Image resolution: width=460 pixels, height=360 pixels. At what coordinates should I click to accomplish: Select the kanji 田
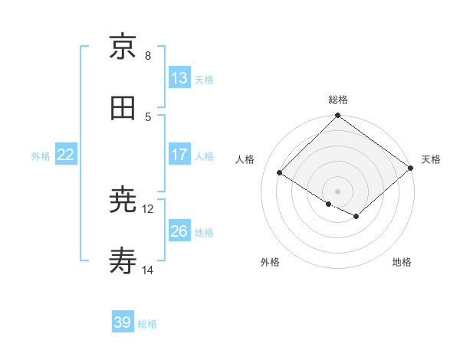click(123, 108)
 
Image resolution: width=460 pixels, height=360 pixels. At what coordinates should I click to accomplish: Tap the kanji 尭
click(123, 201)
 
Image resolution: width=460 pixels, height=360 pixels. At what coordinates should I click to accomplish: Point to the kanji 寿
click(123, 263)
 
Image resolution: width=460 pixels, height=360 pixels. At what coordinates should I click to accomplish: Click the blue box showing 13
click(179, 78)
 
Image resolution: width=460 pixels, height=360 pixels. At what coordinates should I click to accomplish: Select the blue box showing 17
click(179, 155)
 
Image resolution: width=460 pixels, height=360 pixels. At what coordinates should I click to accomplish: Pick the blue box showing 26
click(179, 231)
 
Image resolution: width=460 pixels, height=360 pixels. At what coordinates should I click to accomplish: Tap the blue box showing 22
click(66, 155)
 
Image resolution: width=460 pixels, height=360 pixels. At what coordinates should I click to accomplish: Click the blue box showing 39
click(123, 322)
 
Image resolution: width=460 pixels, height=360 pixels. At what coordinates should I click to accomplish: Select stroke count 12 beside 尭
click(148, 208)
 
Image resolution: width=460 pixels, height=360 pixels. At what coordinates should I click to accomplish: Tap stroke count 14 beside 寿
click(148, 270)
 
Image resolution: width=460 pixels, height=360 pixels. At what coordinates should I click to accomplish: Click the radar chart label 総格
click(338, 100)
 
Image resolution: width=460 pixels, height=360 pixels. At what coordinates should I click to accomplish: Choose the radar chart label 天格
click(431, 159)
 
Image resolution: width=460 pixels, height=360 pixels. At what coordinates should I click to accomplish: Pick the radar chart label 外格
click(270, 262)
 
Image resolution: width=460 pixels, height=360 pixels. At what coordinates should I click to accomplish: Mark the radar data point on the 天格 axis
click(411, 168)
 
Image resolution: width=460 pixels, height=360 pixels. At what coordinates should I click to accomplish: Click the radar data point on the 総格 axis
click(338, 116)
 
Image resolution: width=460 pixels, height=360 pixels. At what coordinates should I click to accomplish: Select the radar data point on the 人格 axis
click(280, 172)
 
